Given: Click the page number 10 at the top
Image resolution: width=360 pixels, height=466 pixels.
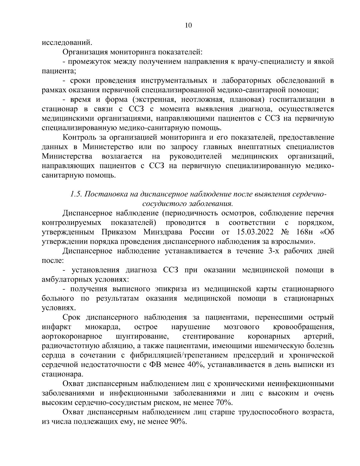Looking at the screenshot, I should pyautogui.click(x=188, y=25).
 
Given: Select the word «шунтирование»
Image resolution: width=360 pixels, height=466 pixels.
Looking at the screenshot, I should pyautogui.click(x=140, y=336).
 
